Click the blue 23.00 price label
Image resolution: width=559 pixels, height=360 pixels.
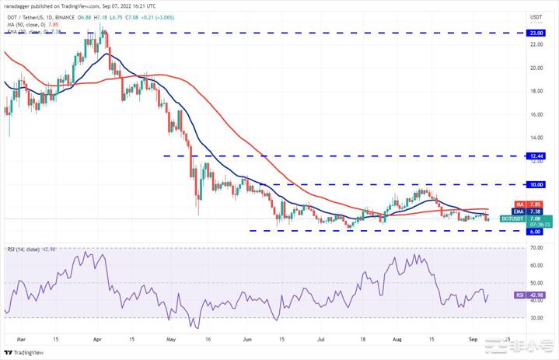click(536, 33)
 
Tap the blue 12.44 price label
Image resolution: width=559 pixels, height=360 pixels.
click(536, 156)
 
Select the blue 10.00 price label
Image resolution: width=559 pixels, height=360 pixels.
click(536, 185)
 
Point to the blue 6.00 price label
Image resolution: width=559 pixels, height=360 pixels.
click(536, 231)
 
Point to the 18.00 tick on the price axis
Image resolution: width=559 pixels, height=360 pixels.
click(536, 91)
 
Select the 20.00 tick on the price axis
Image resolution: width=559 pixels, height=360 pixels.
click(536, 68)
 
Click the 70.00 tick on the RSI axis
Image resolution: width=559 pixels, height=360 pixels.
click(536, 248)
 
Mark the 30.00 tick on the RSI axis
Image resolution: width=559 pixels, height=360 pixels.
click(536, 317)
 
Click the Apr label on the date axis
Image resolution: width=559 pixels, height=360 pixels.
click(96, 339)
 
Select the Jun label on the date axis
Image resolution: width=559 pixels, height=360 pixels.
click(246, 339)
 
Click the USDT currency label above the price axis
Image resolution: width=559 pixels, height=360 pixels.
click(536, 16)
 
